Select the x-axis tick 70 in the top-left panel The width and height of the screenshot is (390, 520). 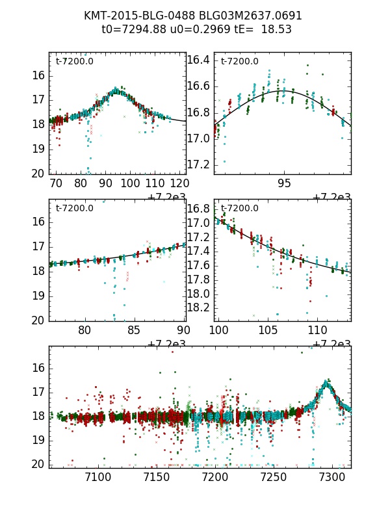pos(57,184)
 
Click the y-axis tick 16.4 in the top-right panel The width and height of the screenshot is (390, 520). pos(200,60)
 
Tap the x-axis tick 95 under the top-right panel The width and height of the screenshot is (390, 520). pos(284,184)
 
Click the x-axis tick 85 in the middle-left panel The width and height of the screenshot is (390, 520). pos(133,330)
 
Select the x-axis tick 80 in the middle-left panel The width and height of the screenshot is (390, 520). pos(84,330)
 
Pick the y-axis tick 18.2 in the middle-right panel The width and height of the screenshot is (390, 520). pos(200,307)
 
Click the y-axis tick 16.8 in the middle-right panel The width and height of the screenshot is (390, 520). pos(200,209)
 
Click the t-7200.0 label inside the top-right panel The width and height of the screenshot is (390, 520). pos(239,62)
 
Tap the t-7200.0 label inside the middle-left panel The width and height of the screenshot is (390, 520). pos(74,209)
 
